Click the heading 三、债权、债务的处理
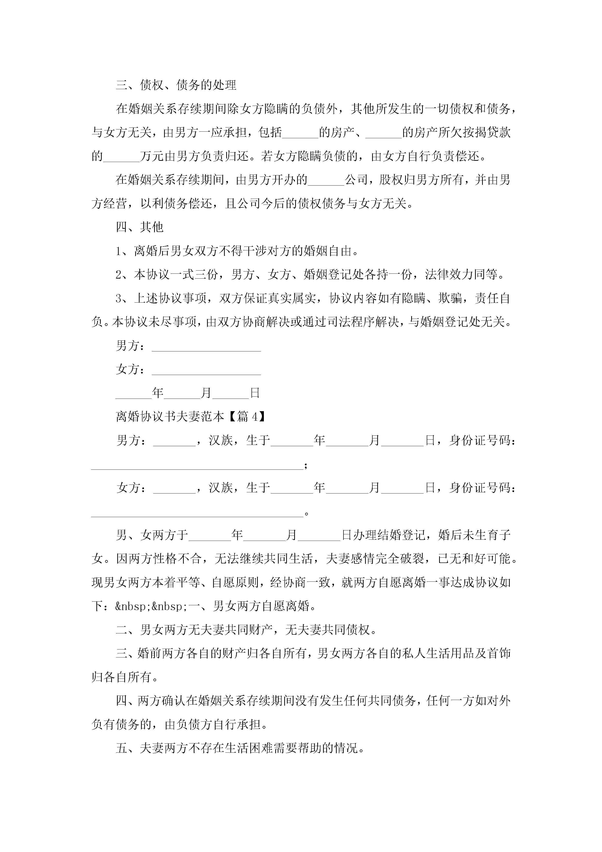click(x=176, y=85)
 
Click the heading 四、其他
click(x=140, y=227)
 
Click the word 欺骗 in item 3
click(x=450, y=298)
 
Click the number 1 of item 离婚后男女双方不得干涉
click(x=119, y=251)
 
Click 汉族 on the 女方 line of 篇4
click(x=221, y=488)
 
